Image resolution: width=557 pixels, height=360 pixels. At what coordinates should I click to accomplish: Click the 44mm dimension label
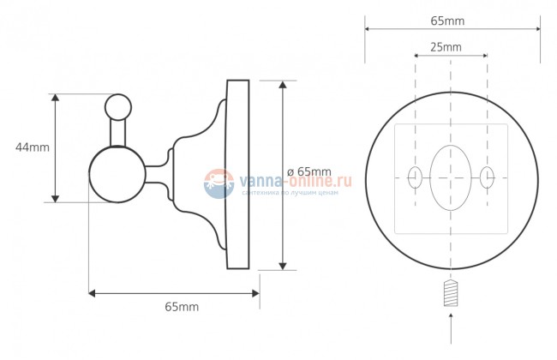[x=33, y=147]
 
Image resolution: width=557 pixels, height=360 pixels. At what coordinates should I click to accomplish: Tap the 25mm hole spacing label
[x=446, y=46]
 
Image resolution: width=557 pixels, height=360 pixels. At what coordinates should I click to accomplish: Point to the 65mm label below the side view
[x=182, y=307]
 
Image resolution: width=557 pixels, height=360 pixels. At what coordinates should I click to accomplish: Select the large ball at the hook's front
[x=117, y=175]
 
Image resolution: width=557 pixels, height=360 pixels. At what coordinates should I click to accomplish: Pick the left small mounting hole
[x=415, y=177]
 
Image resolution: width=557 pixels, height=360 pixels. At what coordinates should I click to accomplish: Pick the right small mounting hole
[x=487, y=177]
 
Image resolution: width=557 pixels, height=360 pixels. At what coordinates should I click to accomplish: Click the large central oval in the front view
[x=451, y=178]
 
